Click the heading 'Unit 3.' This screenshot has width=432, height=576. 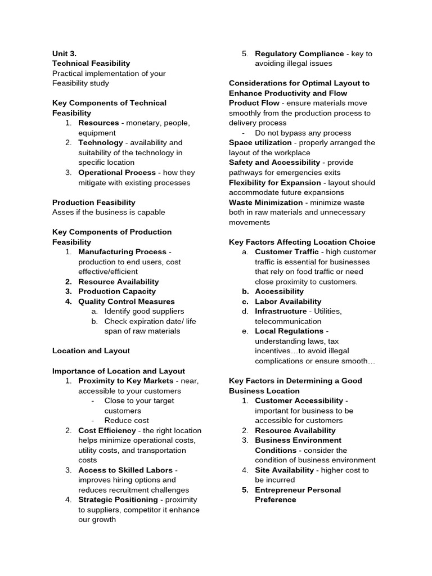[x=64, y=53]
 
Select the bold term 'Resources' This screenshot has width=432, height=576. [x=98, y=123]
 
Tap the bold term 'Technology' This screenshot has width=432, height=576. [x=101, y=143]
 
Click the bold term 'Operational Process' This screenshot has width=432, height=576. [x=117, y=173]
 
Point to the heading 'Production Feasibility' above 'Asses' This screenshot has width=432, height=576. [x=94, y=202]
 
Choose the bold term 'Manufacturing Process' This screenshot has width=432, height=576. [x=122, y=252]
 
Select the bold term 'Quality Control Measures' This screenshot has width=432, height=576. [x=127, y=301]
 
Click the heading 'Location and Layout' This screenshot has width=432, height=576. [x=91, y=351]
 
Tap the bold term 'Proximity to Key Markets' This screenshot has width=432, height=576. [x=126, y=381]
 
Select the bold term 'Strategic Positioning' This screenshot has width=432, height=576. [x=118, y=499]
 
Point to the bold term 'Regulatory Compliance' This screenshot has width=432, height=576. [x=299, y=53]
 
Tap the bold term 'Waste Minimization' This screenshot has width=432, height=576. [x=265, y=202]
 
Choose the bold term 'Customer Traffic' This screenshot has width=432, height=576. [x=287, y=252]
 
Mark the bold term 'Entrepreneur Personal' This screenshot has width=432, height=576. [x=298, y=490]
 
